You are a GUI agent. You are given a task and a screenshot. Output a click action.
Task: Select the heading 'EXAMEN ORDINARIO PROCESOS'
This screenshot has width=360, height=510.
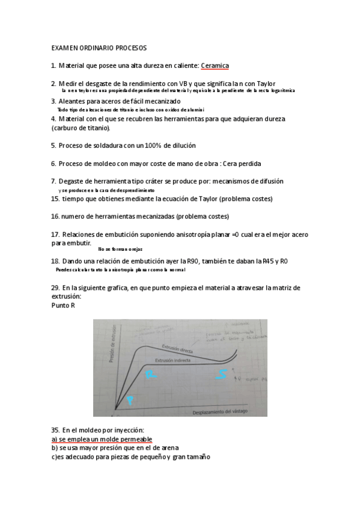pos(99,47)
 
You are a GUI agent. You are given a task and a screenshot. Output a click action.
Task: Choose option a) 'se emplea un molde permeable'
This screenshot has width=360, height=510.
pos(101,439)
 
